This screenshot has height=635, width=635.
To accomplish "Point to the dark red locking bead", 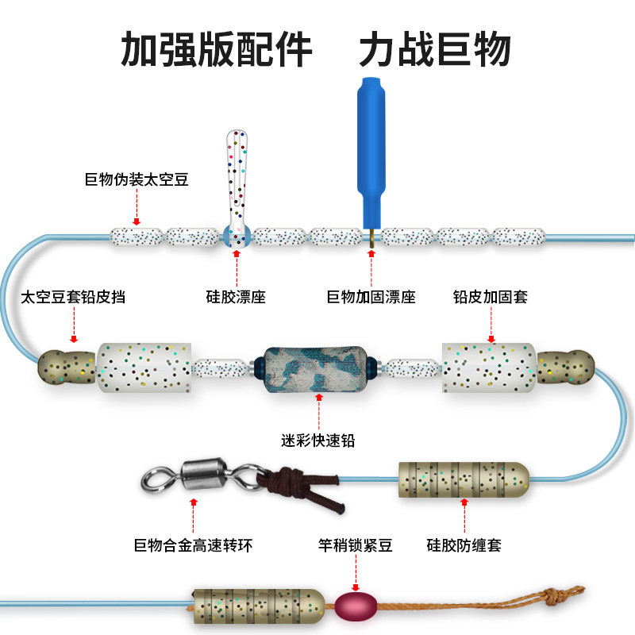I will [353, 606].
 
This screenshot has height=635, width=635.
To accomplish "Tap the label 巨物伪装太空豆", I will [137, 179].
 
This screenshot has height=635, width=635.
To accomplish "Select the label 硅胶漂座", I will [236, 297].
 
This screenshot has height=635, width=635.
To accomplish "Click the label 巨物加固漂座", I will [371, 297].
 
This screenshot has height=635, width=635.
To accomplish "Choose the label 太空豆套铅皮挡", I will [73, 297].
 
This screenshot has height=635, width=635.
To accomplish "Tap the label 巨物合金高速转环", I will [194, 545].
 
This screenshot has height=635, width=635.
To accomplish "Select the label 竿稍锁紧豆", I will [355, 545].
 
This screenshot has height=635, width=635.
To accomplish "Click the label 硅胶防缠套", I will [464, 545].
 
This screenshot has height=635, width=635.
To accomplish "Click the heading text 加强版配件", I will [216, 49].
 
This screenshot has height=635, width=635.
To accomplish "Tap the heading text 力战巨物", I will [434, 49].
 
